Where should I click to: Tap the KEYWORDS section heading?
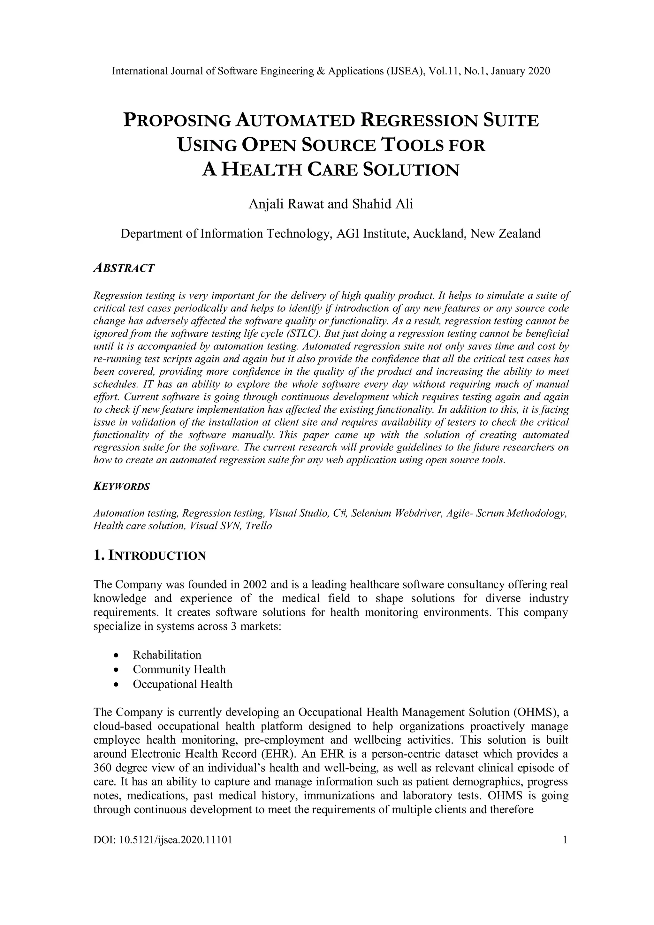tap(121, 487)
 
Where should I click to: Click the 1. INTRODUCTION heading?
tap(149, 556)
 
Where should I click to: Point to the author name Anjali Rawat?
tap(286, 204)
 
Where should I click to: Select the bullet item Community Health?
tap(179, 669)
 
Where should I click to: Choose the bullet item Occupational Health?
tap(183, 684)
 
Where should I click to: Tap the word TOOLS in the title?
tap(413, 145)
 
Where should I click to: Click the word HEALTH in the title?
tap(262, 170)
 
